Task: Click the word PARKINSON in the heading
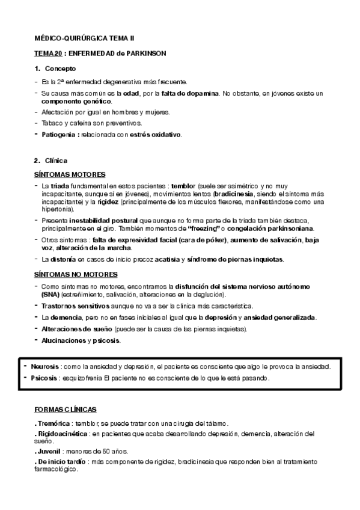coord(145,54)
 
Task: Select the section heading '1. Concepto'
coord(55,69)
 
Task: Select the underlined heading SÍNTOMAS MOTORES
coord(70,174)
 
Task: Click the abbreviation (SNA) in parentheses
coord(51,295)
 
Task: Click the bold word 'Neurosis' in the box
coord(44,366)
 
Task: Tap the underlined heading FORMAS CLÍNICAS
coord(66,409)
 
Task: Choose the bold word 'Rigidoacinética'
coord(61,433)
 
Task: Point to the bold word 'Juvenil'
coord(47,451)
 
